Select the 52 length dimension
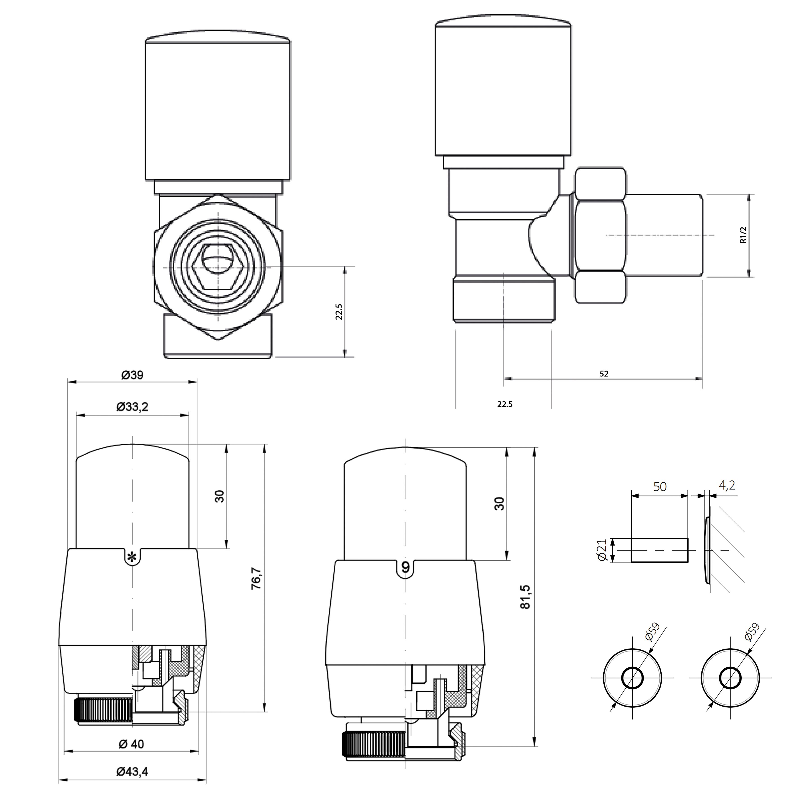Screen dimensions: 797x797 (x=604, y=374)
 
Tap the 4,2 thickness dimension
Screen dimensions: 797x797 (x=727, y=485)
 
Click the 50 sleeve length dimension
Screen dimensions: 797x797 (x=660, y=487)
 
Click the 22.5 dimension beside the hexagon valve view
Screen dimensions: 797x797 (x=339, y=312)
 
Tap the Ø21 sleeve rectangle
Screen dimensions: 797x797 (x=659, y=550)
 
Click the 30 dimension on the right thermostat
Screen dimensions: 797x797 (x=499, y=504)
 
